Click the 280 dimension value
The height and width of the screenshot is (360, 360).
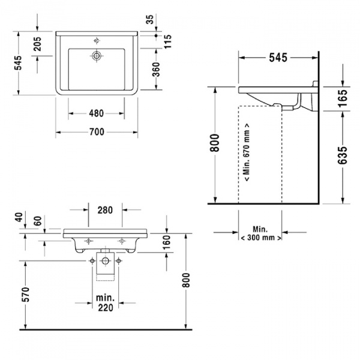[104, 210]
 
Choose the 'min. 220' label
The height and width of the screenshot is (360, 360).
[104, 304]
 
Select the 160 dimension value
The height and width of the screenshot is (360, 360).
[167, 242]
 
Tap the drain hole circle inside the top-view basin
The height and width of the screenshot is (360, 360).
[96, 56]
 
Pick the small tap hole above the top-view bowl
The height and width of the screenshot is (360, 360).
[96, 41]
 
